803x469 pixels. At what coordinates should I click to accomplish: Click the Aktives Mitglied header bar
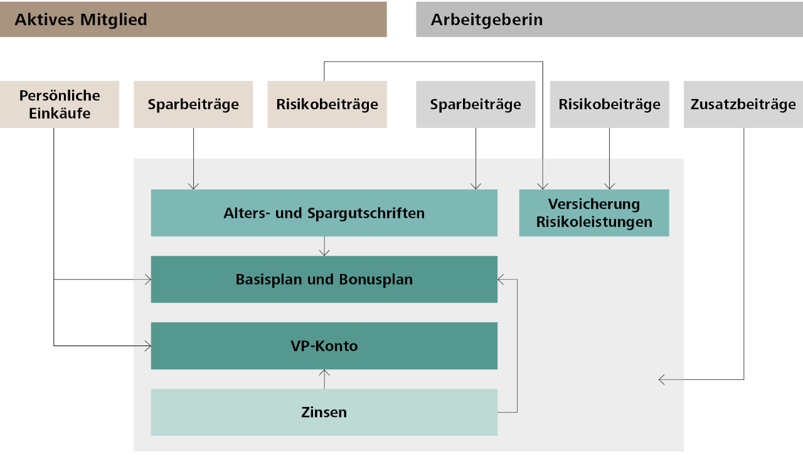pyautogui.click(x=193, y=19)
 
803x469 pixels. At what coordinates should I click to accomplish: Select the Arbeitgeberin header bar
pyautogui.click(x=609, y=19)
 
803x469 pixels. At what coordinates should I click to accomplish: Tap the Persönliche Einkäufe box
pyautogui.click(x=60, y=104)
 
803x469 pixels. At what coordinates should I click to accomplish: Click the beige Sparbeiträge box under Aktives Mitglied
pyautogui.click(x=193, y=104)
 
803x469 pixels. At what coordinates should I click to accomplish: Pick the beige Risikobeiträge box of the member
pyautogui.click(x=327, y=104)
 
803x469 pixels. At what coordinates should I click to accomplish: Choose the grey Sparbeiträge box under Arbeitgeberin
pyautogui.click(x=476, y=104)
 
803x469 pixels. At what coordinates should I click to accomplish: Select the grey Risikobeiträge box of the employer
pyautogui.click(x=609, y=104)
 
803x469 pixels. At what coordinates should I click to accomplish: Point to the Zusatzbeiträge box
pyautogui.click(x=743, y=104)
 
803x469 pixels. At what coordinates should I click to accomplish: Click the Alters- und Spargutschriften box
pyautogui.click(x=324, y=213)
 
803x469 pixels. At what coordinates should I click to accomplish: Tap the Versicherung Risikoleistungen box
pyautogui.click(x=594, y=213)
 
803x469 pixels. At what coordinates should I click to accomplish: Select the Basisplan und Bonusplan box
pyautogui.click(x=324, y=280)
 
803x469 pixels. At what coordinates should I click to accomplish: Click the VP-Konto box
pyautogui.click(x=324, y=346)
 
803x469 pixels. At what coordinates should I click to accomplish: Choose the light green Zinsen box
pyautogui.click(x=324, y=413)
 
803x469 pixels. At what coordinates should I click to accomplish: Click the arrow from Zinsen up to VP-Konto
pyautogui.click(x=324, y=379)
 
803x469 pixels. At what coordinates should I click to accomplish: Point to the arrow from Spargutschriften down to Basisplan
pyautogui.click(x=324, y=246)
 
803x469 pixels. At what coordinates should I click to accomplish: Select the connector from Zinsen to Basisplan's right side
pyautogui.click(x=517, y=345)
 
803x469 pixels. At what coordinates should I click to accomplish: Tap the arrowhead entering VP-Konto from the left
pyautogui.click(x=147, y=345)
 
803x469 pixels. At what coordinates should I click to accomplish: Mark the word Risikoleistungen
pyautogui.click(x=594, y=222)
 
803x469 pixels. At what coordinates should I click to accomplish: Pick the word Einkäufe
pyautogui.click(x=60, y=113)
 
